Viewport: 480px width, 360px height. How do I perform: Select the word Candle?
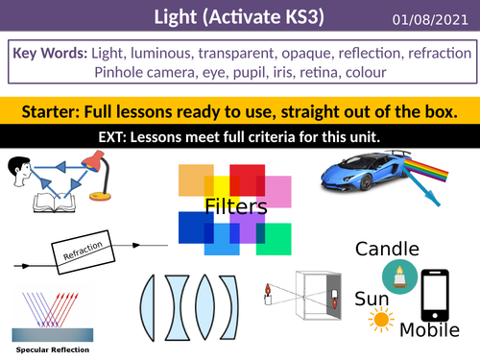387,250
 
